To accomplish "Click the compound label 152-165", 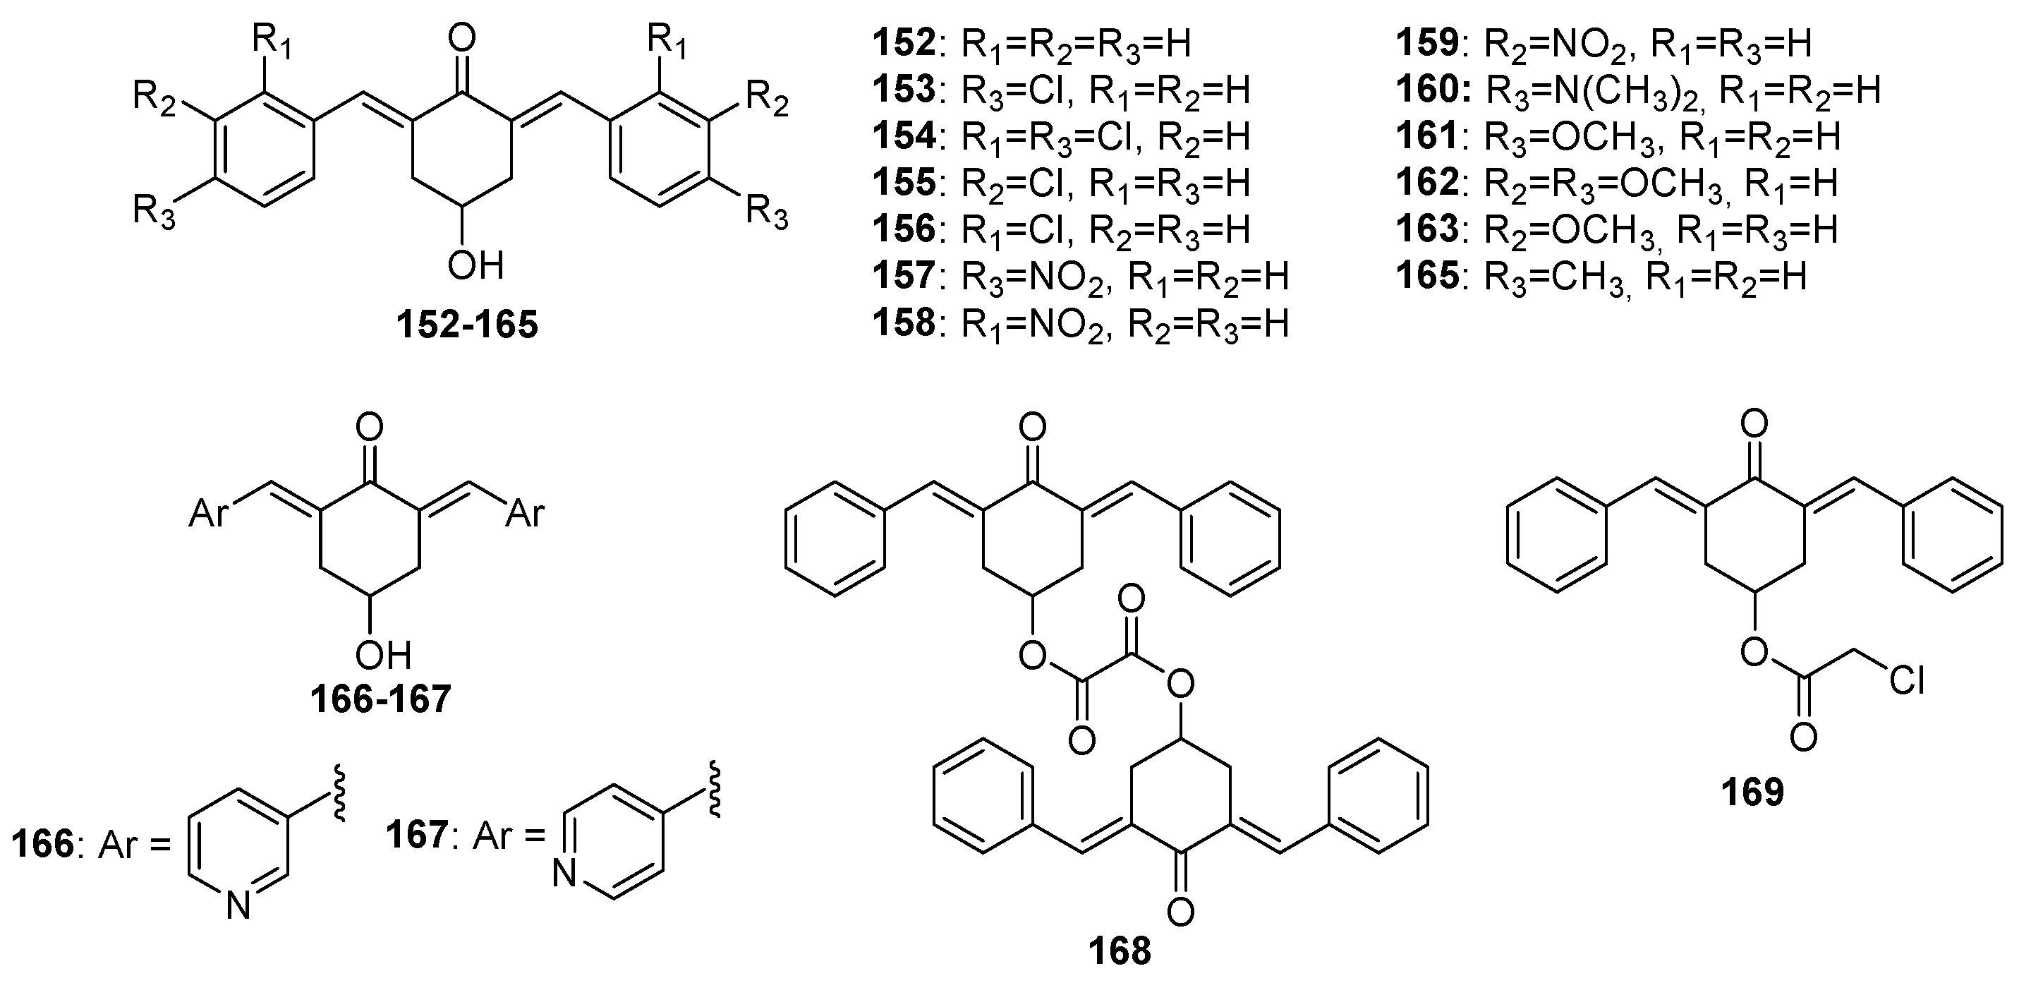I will (x=467, y=325).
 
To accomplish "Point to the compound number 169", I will (x=1752, y=792).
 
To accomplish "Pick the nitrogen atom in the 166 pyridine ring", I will (x=238, y=907).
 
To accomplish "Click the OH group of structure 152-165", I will (x=475, y=266).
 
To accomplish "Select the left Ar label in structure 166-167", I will (x=209, y=515).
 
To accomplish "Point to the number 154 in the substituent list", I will (x=904, y=136).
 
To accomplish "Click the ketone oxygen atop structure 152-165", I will (x=463, y=40).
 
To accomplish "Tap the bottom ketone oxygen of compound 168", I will (x=1180, y=911).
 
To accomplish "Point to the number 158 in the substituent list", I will (x=904, y=322).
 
